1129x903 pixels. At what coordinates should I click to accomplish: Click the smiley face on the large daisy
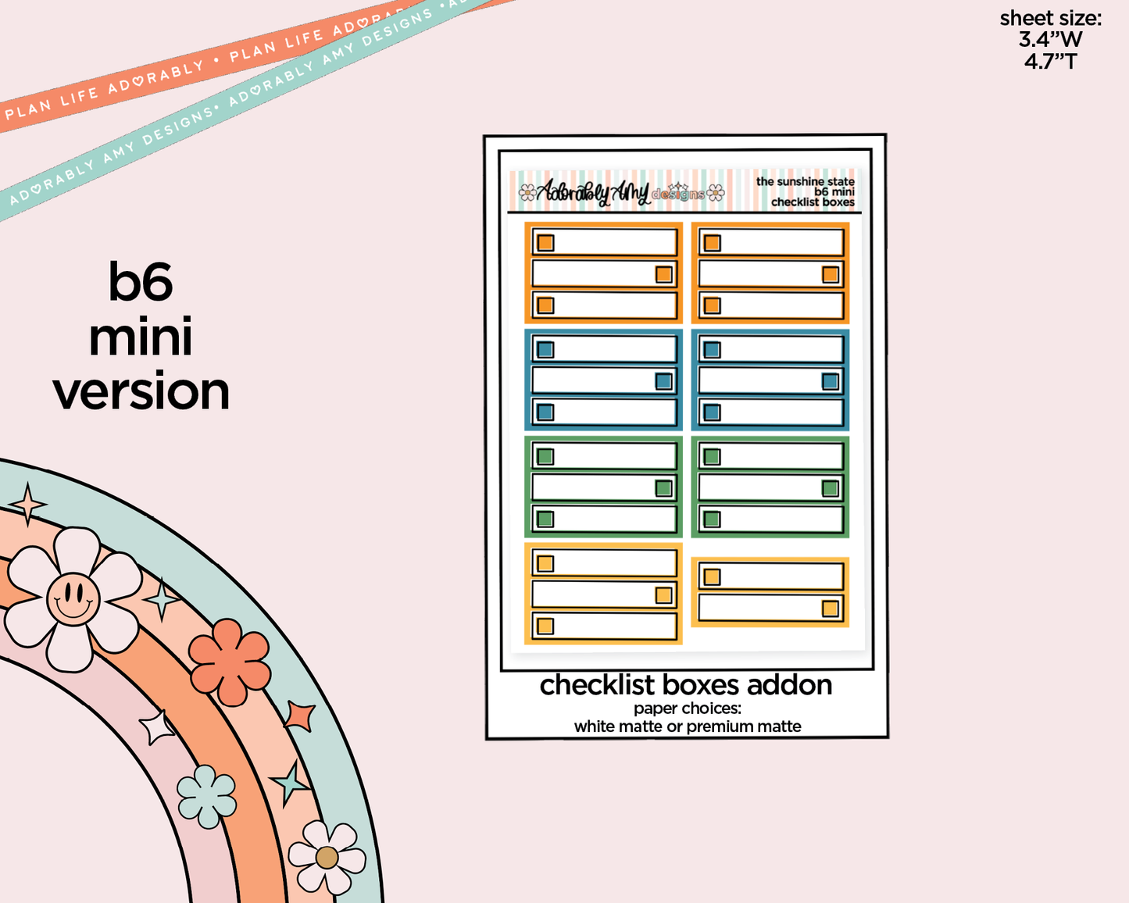click(x=73, y=599)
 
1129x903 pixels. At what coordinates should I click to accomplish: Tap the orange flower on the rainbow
click(x=230, y=661)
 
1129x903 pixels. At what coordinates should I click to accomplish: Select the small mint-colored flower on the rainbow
click(x=206, y=796)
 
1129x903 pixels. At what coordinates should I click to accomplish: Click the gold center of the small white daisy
click(x=327, y=858)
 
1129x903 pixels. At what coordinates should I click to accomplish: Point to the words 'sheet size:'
click(x=1050, y=18)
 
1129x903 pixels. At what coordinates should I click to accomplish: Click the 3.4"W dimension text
click(x=1050, y=39)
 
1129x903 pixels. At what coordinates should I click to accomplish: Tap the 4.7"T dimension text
click(x=1050, y=61)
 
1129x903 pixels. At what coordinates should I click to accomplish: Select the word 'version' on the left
click(x=141, y=392)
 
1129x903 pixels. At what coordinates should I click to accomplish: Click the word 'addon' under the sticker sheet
click(x=789, y=685)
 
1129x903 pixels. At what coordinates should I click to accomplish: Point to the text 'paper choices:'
click(x=687, y=708)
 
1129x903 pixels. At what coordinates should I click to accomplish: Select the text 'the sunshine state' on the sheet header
click(x=805, y=181)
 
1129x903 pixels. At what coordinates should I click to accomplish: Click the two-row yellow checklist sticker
click(x=770, y=592)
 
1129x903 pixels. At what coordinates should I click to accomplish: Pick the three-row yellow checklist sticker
click(x=603, y=594)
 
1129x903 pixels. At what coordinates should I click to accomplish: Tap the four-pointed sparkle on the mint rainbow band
click(x=29, y=503)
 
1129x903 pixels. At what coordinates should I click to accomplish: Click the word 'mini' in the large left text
click(x=141, y=337)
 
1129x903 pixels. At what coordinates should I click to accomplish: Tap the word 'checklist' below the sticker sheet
click(x=597, y=685)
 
